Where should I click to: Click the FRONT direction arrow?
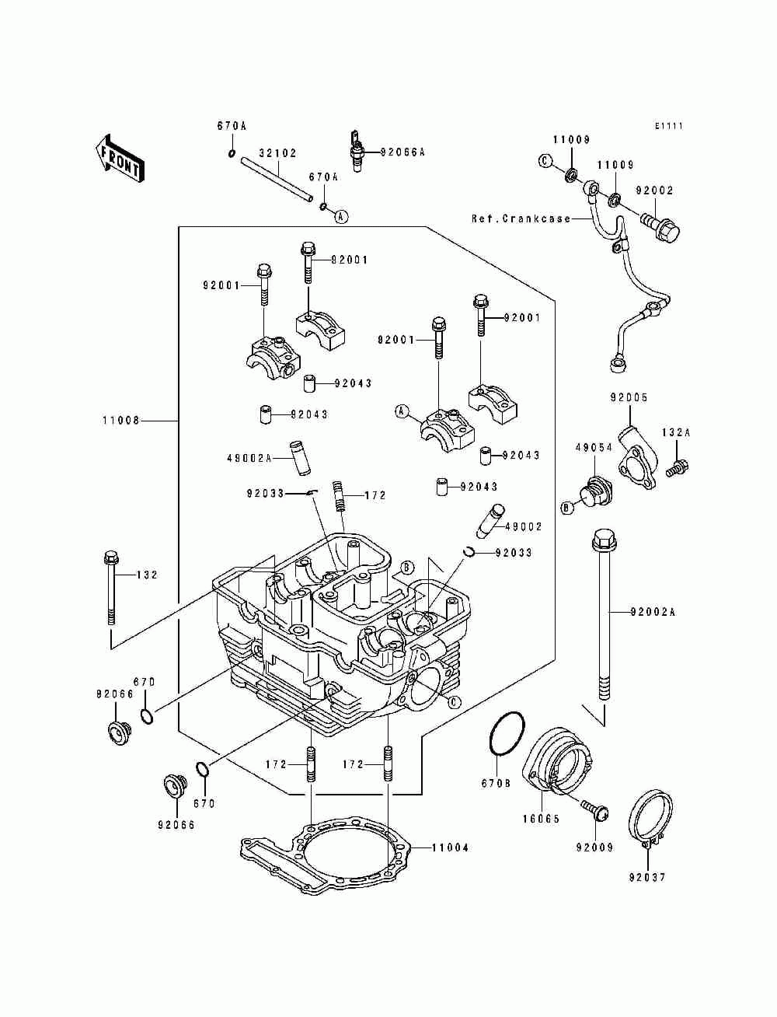118,159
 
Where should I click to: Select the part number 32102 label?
277,153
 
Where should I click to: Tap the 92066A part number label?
403,152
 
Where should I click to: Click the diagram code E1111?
668,126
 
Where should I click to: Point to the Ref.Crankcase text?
521,219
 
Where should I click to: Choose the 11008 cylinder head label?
120,421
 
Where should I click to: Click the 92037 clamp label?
648,878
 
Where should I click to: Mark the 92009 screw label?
594,847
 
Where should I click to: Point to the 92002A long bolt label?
653,613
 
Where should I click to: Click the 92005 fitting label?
629,398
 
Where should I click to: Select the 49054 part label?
594,448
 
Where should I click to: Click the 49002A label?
249,459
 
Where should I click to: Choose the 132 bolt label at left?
147,575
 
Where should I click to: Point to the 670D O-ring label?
145,682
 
